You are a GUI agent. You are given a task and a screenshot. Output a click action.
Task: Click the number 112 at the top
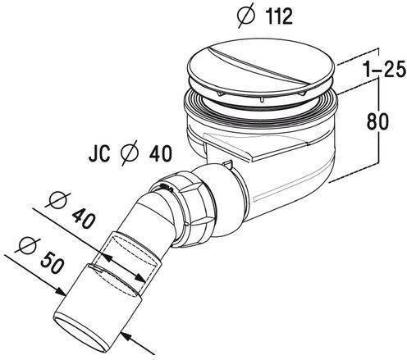coord(279,16)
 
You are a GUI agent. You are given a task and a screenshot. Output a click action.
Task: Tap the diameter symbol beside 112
coord(246,16)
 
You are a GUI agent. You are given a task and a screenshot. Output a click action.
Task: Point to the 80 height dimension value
coord(377,121)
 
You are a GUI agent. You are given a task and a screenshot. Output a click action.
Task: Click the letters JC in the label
coord(99,154)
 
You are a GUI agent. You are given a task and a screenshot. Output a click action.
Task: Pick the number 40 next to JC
coord(161,153)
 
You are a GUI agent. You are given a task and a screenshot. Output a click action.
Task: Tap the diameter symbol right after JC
coord(130,153)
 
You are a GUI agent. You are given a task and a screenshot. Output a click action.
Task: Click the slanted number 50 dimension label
coord(52,263)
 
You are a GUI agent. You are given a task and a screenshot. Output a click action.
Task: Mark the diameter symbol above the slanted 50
coord(27,244)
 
